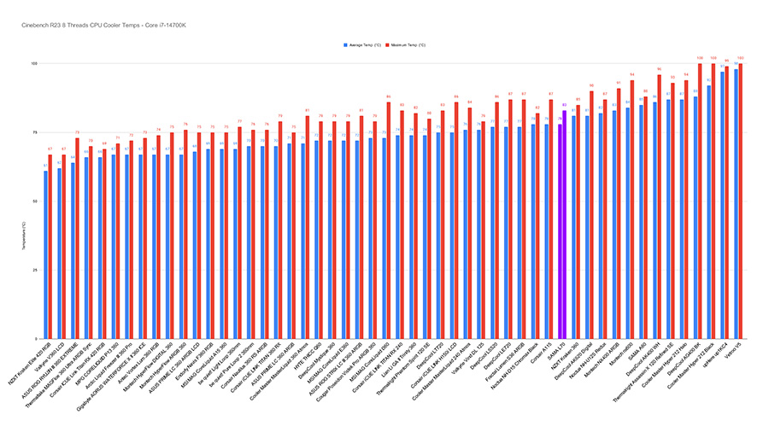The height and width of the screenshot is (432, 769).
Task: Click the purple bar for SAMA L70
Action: point(564,223)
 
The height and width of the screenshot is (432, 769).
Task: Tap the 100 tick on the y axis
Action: point(36,64)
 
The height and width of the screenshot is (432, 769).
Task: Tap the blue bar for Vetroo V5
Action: point(735,205)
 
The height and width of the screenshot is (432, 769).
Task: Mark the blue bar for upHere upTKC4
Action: point(722,206)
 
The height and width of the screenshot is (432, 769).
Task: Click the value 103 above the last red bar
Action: point(740,58)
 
